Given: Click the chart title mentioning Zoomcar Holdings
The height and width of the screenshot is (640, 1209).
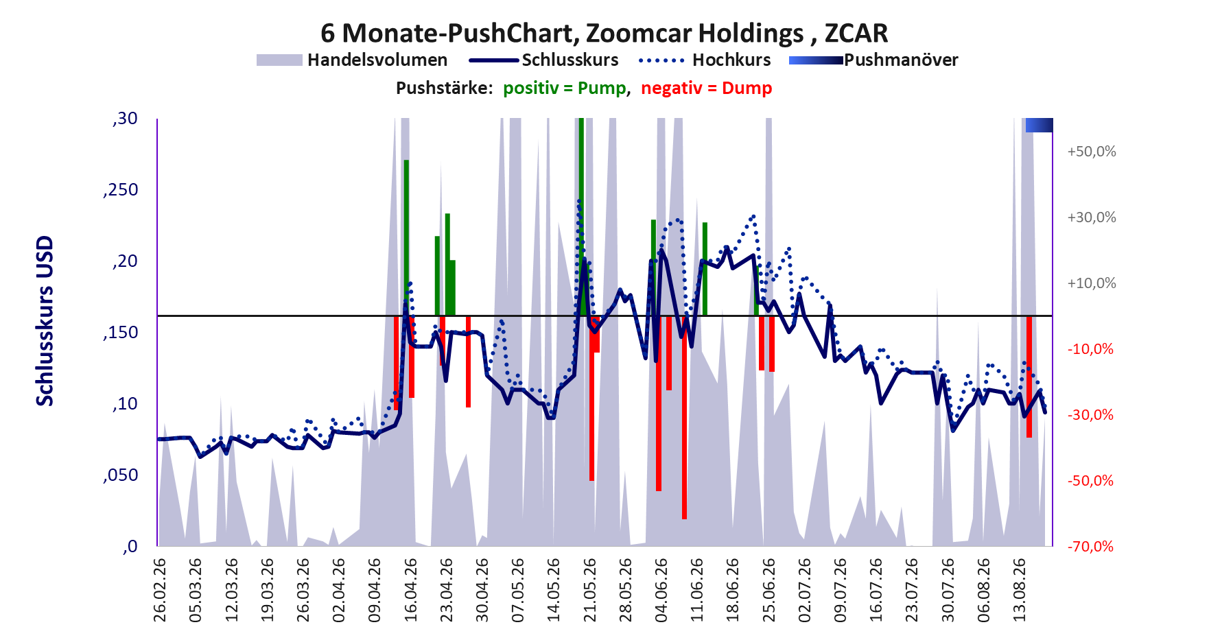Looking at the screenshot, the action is (x=604, y=33).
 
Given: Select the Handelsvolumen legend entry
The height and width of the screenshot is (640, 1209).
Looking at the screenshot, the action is (x=352, y=60).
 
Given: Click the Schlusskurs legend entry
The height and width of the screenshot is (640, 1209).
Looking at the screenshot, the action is (x=543, y=60).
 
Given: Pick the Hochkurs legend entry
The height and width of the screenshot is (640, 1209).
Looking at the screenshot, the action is (x=705, y=60).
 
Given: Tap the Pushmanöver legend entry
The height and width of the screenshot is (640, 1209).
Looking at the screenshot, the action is (x=873, y=60).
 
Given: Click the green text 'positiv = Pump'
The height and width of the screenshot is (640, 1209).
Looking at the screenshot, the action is (x=565, y=88).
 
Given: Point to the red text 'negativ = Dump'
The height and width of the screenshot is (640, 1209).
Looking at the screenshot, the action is (x=707, y=88).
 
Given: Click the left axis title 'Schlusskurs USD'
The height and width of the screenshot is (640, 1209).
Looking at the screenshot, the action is (x=45, y=321).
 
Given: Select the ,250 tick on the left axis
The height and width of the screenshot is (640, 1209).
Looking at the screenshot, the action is (x=121, y=190).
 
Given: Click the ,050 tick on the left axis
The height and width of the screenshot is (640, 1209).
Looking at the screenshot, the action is (x=121, y=475).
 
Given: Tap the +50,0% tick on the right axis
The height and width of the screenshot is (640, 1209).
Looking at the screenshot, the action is (x=1092, y=152).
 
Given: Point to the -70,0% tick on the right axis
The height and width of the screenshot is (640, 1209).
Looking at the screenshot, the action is (x=1090, y=547).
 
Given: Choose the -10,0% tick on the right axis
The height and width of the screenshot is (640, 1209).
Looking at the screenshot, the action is (x=1090, y=349).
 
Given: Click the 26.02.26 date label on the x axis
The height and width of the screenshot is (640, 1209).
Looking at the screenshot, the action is (x=160, y=590).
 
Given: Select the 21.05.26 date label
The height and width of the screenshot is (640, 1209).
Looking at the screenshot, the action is (x=589, y=590).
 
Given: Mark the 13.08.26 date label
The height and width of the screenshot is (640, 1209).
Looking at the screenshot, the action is (x=1020, y=590).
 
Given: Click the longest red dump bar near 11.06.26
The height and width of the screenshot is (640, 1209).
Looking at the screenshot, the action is (x=684, y=417).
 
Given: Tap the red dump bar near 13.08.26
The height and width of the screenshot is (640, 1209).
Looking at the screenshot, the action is (x=1029, y=377).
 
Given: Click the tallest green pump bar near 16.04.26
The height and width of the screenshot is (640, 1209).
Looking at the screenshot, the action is (x=406, y=238).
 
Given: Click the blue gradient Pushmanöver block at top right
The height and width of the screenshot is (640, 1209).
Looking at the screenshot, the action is (x=1039, y=126).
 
